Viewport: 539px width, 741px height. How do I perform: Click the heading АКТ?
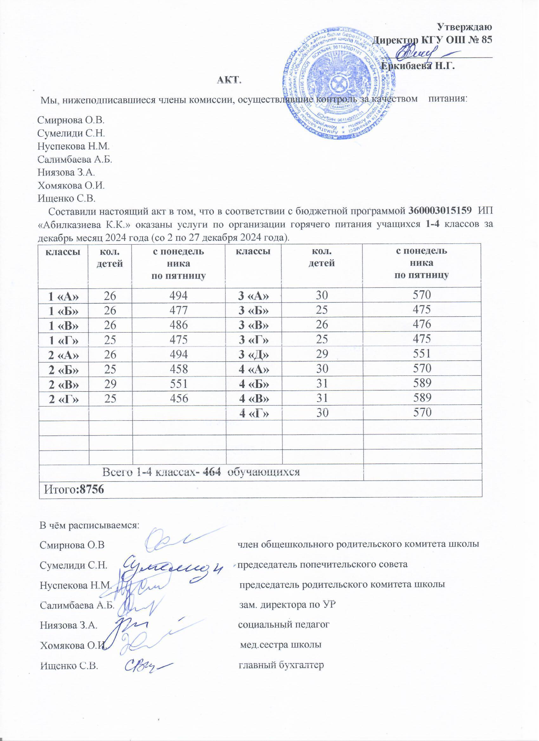pyautogui.click(x=229, y=79)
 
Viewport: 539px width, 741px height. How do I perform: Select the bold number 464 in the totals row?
pyautogui.click(x=212, y=472)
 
